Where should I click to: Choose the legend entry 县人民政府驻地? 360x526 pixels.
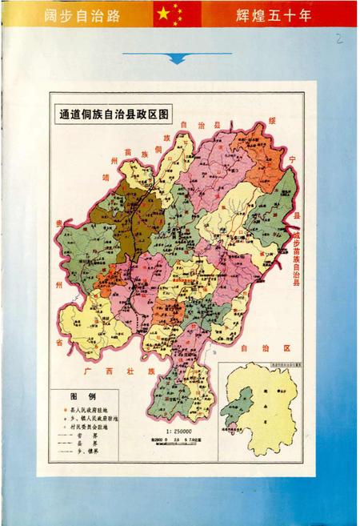coord(95,409)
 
